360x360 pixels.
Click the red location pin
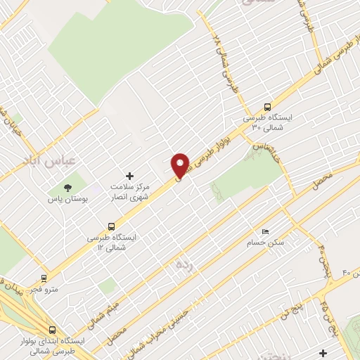click(x=180, y=165)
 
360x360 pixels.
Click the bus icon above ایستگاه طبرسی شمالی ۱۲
click(x=112, y=226)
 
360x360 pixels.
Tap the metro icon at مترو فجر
click(x=44, y=278)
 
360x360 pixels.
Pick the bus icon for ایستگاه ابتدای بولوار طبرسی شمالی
click(x=53, y=329)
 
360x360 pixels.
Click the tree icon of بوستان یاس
click(x=67, y=188)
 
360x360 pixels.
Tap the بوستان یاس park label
click(x=67, y=200)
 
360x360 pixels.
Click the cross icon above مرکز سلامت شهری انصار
click(x=129, y=175)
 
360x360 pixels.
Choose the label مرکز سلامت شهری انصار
click(x=129, y=192)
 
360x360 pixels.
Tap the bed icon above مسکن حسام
click(x=265, y=231)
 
